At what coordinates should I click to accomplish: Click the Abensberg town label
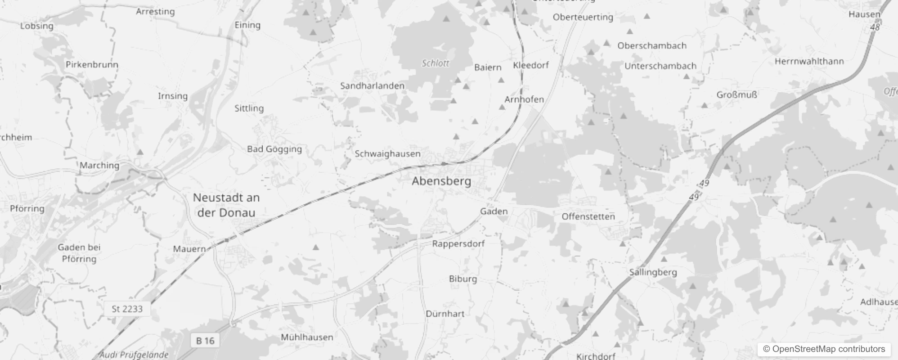pos(441,181)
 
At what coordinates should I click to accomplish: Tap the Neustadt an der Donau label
pos(226,205)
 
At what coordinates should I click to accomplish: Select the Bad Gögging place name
pos(274,149)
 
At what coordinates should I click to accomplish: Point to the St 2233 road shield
pos(127,309)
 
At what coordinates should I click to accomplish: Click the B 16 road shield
pos(205,341)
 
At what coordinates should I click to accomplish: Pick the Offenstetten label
pos(588,216)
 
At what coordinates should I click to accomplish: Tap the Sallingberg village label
pos(653,272)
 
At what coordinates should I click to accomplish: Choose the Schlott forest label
pos(435,63)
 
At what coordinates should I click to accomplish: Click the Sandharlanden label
pos(372,85)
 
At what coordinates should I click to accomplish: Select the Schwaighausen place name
pos(387,154)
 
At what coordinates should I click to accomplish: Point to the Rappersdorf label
pos(458,244)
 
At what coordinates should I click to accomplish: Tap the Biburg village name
pos(462,279)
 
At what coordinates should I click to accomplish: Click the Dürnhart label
pos(445,314)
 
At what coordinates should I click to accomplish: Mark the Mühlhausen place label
pos(307,337)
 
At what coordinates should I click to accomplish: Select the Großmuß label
pos(736,95)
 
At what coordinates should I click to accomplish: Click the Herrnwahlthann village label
pos(809,61)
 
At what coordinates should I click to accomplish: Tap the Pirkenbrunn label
pos(92,64)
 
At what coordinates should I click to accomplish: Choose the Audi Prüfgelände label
pos(134,355)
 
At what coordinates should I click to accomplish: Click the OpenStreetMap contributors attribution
pos(824,349)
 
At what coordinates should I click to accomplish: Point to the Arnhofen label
pos(524,99)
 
